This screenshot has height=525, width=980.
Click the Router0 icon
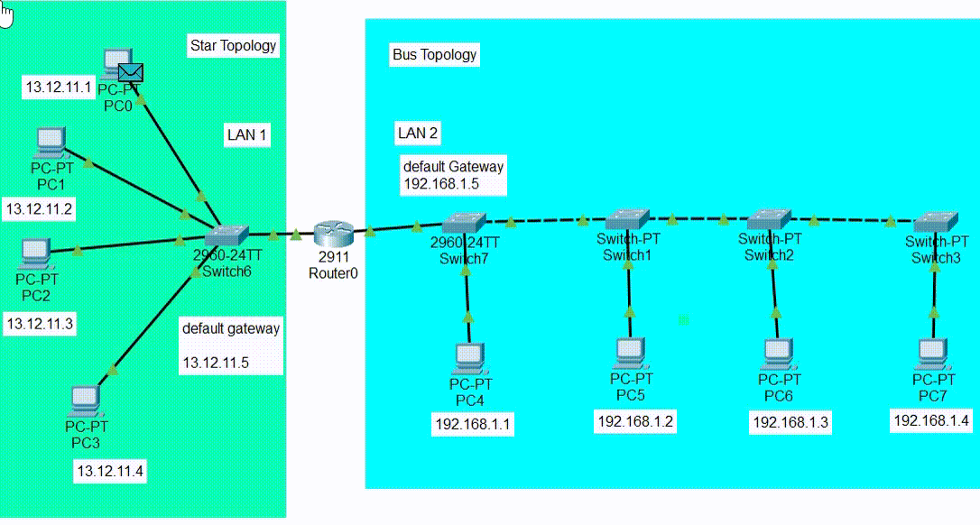[331, 235]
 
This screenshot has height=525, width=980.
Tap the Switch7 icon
[464, 223]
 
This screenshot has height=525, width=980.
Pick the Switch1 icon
[627, 218]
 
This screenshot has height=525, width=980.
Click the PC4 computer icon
[469, 358]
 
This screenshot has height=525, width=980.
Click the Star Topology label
[233, 45]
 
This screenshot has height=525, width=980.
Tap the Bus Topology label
[434, 55]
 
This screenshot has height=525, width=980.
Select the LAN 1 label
[247, 135]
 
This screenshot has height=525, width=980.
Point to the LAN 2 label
[418, 134]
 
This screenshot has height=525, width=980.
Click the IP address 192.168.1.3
[790, 422]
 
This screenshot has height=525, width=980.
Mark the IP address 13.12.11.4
[110, 470]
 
